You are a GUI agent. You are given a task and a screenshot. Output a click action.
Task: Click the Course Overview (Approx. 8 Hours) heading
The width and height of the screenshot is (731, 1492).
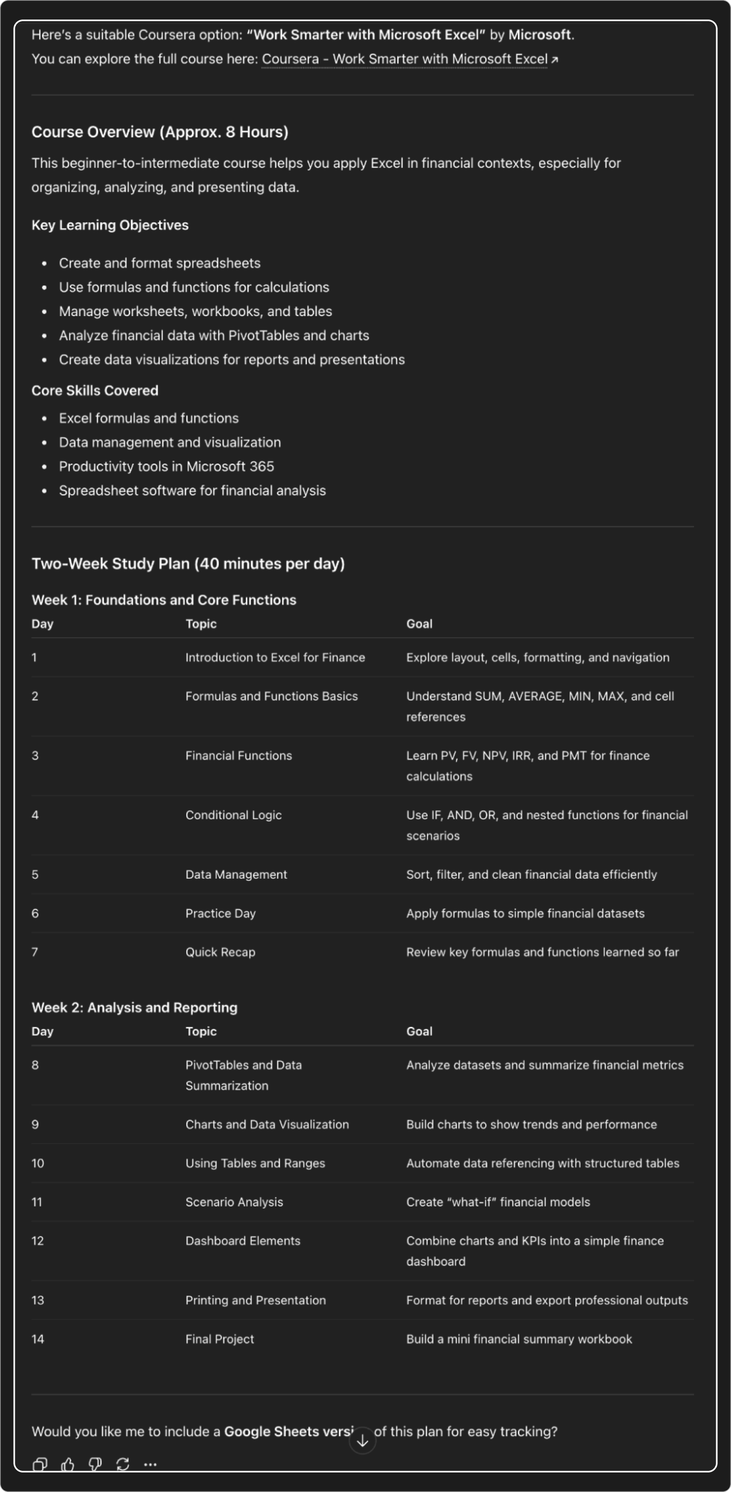point(159,132)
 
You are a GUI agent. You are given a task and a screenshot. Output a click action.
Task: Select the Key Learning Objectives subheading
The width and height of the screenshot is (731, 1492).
point(110,225)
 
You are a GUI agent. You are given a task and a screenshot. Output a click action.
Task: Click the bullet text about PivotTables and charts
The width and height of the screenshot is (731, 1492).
point(213,336)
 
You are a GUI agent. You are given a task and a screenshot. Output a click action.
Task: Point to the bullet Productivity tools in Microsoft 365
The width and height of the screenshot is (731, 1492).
point(166,466)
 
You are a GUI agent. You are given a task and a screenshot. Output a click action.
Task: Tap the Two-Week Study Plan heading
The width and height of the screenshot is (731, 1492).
point(188,564)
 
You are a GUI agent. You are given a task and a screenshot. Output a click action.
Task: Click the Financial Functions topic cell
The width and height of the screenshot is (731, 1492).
point(238,755)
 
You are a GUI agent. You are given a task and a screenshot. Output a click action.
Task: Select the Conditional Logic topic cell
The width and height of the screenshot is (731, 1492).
point(233,815)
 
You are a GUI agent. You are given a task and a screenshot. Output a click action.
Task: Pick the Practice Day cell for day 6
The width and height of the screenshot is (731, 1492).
point(220,914)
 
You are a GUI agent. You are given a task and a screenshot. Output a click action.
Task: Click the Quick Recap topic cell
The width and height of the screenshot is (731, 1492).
point(220,952)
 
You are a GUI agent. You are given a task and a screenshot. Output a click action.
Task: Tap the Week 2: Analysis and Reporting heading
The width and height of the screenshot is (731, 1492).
point(134,1007)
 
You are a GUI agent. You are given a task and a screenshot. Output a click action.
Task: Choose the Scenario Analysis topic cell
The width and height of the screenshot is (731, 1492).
point(234,1202)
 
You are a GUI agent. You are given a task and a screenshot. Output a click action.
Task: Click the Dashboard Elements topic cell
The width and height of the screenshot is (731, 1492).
point(242,1241)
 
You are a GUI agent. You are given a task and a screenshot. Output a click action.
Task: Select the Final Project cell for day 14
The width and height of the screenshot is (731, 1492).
point(219,1339)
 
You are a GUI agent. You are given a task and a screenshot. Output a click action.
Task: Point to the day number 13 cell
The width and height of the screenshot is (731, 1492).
point(37,1300)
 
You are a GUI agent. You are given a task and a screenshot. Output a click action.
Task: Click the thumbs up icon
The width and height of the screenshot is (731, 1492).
point(68,1465)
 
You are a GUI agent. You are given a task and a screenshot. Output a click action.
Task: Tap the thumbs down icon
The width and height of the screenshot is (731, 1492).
point(95,1465)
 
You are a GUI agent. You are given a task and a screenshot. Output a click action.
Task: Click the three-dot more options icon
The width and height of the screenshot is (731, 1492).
point(150,1465)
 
